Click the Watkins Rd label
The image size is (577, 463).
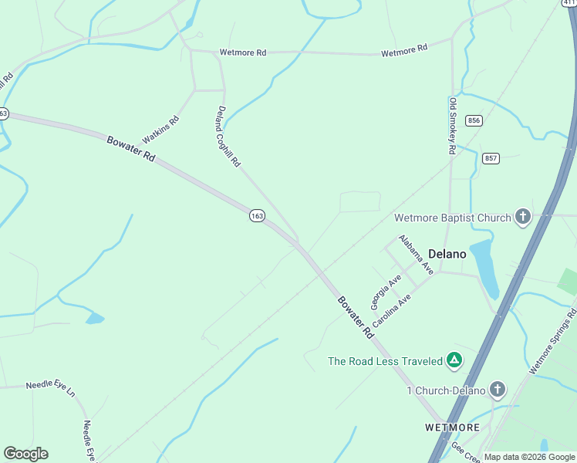pos(160,130)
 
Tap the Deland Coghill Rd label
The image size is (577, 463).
pos(229,137)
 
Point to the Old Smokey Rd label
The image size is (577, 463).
pos(454,126)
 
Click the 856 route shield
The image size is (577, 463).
pos(474,120)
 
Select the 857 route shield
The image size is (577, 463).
pos(491,158)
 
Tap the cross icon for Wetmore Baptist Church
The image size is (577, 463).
pos(523,217)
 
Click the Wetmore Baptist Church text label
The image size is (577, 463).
pos(453,218)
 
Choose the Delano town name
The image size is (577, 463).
pos(447,252)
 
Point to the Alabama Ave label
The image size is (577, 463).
pos(415,254)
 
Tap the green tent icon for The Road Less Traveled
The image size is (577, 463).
pos(455,360)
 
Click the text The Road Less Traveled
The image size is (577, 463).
pos(386,361)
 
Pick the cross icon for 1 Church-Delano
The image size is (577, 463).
pos(498,390)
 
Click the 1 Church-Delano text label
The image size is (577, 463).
pos(447,390)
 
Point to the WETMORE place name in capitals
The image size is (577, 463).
pos(452,427)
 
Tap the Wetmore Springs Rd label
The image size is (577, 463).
pos(552,343)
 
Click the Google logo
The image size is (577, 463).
pos(25,454)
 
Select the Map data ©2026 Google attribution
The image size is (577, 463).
pos(529,457)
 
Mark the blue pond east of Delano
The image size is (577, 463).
pos(484,266)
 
